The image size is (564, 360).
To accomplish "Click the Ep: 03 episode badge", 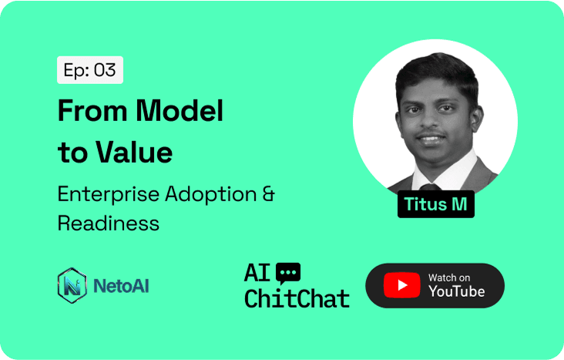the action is (90, 70).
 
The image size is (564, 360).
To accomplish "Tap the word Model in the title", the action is (180, 110).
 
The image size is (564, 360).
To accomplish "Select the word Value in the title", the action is (134, 152).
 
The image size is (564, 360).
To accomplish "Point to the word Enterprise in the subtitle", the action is (109, 195).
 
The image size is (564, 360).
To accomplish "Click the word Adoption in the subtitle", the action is (211, 195).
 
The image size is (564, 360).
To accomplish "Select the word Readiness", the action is (109, 224).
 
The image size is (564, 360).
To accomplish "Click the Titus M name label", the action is (436, 204).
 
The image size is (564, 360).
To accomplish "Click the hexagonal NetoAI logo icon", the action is (72, 285).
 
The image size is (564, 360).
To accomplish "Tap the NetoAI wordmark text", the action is (121, 286).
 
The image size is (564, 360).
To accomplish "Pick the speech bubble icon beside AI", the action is (288, 273).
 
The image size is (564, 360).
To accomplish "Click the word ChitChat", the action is (297, 298).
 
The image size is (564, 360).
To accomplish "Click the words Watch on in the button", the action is (449, 278).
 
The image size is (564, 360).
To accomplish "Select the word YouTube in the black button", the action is (456, 291).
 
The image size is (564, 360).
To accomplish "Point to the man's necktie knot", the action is (430, 187).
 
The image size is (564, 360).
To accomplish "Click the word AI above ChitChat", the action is (257, 273).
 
